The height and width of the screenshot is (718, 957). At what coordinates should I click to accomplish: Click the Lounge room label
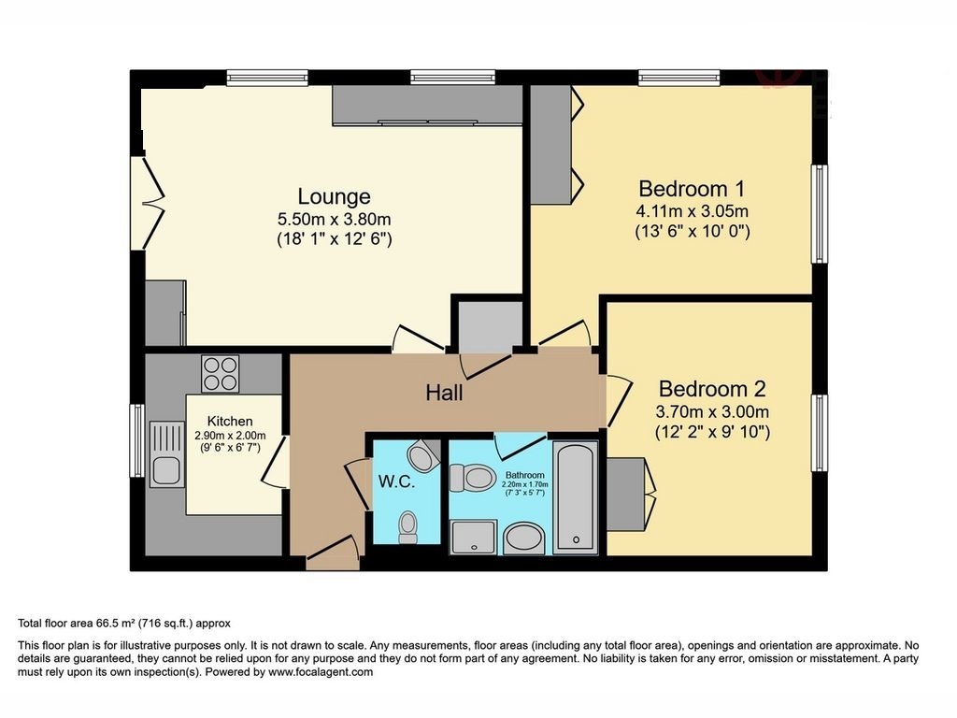point(334,196)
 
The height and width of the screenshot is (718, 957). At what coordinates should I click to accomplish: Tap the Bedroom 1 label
point(692,189)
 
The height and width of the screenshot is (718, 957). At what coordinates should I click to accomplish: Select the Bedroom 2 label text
point(711,389)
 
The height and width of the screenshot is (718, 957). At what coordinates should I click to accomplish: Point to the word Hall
point(444,393)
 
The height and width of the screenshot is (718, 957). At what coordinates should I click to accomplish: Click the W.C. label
point(396,481)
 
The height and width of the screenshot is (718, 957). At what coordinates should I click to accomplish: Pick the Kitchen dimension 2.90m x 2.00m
point(230,436)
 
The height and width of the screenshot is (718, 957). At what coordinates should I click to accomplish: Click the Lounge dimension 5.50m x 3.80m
point(334,219)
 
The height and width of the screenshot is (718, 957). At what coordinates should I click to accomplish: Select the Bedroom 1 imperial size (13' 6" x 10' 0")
point(693,232)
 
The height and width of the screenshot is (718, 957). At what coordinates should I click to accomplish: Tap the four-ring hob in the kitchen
point(221,374)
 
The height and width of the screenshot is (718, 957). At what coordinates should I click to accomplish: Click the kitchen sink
point(167,454)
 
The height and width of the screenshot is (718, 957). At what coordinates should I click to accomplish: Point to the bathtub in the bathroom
point(575,497)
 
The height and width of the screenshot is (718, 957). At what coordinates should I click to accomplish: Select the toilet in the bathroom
point(472,478)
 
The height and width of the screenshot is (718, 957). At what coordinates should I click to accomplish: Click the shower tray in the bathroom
point(473,537)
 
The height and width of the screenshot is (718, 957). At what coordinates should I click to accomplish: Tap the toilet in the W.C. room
point(407,527)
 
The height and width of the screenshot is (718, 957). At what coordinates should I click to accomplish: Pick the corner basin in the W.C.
point(422,455)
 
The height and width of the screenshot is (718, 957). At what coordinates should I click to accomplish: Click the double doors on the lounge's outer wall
point(148,203)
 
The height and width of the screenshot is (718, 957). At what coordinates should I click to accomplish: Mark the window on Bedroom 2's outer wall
point(819,433)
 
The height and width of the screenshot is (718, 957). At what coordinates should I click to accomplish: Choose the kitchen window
point(138,440)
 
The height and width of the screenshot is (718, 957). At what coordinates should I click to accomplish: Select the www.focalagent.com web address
point(321,672)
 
